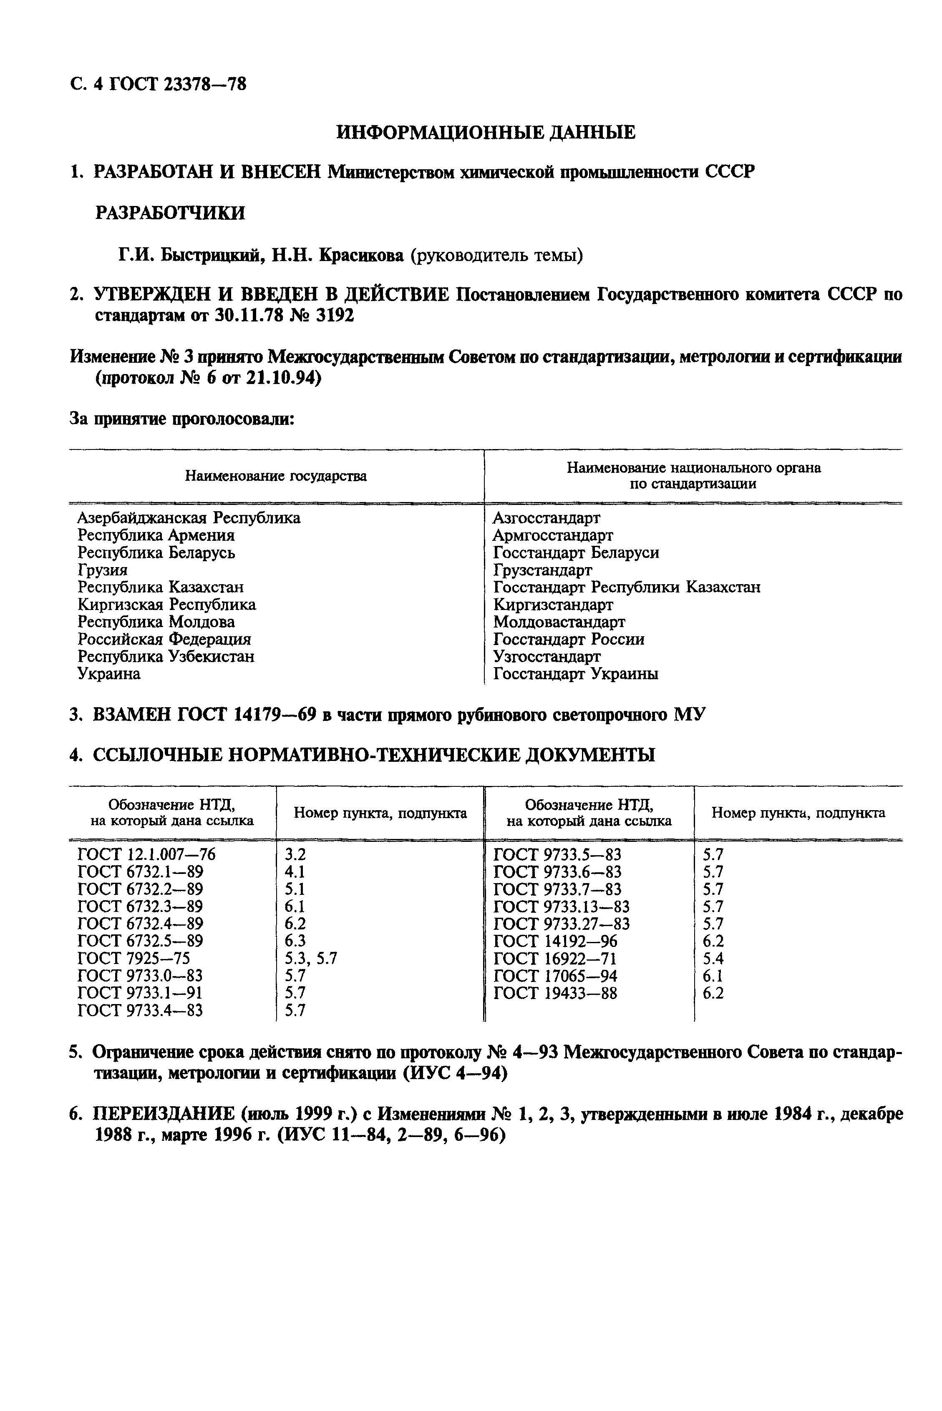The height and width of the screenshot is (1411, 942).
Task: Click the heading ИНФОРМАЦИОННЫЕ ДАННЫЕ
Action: pyautogui.click(x=486, y=132)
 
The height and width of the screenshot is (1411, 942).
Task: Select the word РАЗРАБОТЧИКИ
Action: pyautogui.click(x=171, y=213)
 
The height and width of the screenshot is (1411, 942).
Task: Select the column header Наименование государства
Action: pyautogui.click(x=276, y=476)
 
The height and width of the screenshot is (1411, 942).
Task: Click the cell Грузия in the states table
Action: pyautogui.click(x=103, y=570)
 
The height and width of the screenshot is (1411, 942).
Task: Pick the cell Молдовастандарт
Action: pyautogui.click(x=559, y=622)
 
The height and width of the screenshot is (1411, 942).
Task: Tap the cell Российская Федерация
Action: pyautogui.click(x=164, y=639)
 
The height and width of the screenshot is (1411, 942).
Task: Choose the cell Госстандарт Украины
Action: pyautogui.click(x=576, y=674)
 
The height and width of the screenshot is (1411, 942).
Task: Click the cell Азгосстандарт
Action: pyautogui.click(x=546, y=517)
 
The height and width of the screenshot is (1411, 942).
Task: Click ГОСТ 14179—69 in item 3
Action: pyautogui.click(x=247, y=715)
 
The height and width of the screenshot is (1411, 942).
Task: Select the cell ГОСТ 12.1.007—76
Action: pyautogui.click(x=146, y=854)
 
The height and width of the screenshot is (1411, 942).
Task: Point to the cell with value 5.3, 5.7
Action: pyautogui.click(x=311, y=959)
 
